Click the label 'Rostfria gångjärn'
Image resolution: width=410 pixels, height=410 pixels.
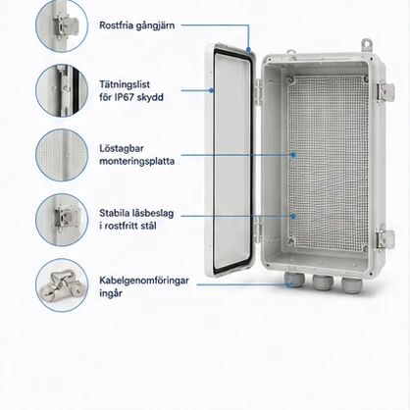pyautogui.click(x=136, y=26)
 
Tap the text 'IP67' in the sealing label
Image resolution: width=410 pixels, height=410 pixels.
pyautogui.click(x=124, y=97)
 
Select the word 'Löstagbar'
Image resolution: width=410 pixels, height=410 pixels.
pyautogui.click(x=122, y=148)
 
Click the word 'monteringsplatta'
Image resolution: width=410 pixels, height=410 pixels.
pyautogui.click(x=136, y=161)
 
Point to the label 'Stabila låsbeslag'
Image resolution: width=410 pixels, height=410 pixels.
pyautogui.click(x=136, y=213)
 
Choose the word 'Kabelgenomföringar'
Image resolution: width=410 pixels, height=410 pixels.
pyautogui.click(x=144, y=281)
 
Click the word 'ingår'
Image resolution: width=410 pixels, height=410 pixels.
pyautogui.click(x=111, y=293)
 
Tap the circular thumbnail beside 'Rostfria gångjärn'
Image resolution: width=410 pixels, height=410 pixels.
pyautogui.click(x=62, y=26)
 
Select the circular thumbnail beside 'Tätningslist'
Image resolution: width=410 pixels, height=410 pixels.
pyautogui.click(x=62, y=90)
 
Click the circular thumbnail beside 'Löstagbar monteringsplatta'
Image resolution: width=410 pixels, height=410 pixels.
pyautogui.click(x=62, y=155)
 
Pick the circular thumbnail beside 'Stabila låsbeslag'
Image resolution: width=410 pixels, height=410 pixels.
pyautogui.click(x=62, y=220)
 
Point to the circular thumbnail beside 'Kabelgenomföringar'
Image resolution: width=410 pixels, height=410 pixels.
pyautogui.click(x=62, y=285)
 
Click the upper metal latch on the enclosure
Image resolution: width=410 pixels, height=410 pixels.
pyautogui.click(x=384, y=91)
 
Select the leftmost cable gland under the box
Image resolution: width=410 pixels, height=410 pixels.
pyautogui.click(x=293, y=280)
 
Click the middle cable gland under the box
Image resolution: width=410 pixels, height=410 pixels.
pyautogui.click(x=323, y=282)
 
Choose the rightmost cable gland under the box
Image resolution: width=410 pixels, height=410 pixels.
pyautogui.click(x=351, y=284)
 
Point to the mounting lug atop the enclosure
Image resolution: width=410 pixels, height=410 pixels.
pyautogui.click(x=367, y=45)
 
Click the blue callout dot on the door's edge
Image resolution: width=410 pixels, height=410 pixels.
pyautogui.click(x=212, y=90)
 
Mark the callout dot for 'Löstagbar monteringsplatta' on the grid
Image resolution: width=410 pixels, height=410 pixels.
pyautogui.click(x=293, y=155)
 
